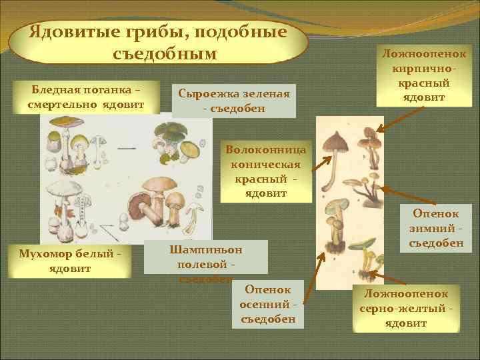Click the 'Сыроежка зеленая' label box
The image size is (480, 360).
(233, 101)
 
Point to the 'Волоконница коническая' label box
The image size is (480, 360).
(266, 171)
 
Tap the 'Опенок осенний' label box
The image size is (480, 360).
(267, 304)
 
